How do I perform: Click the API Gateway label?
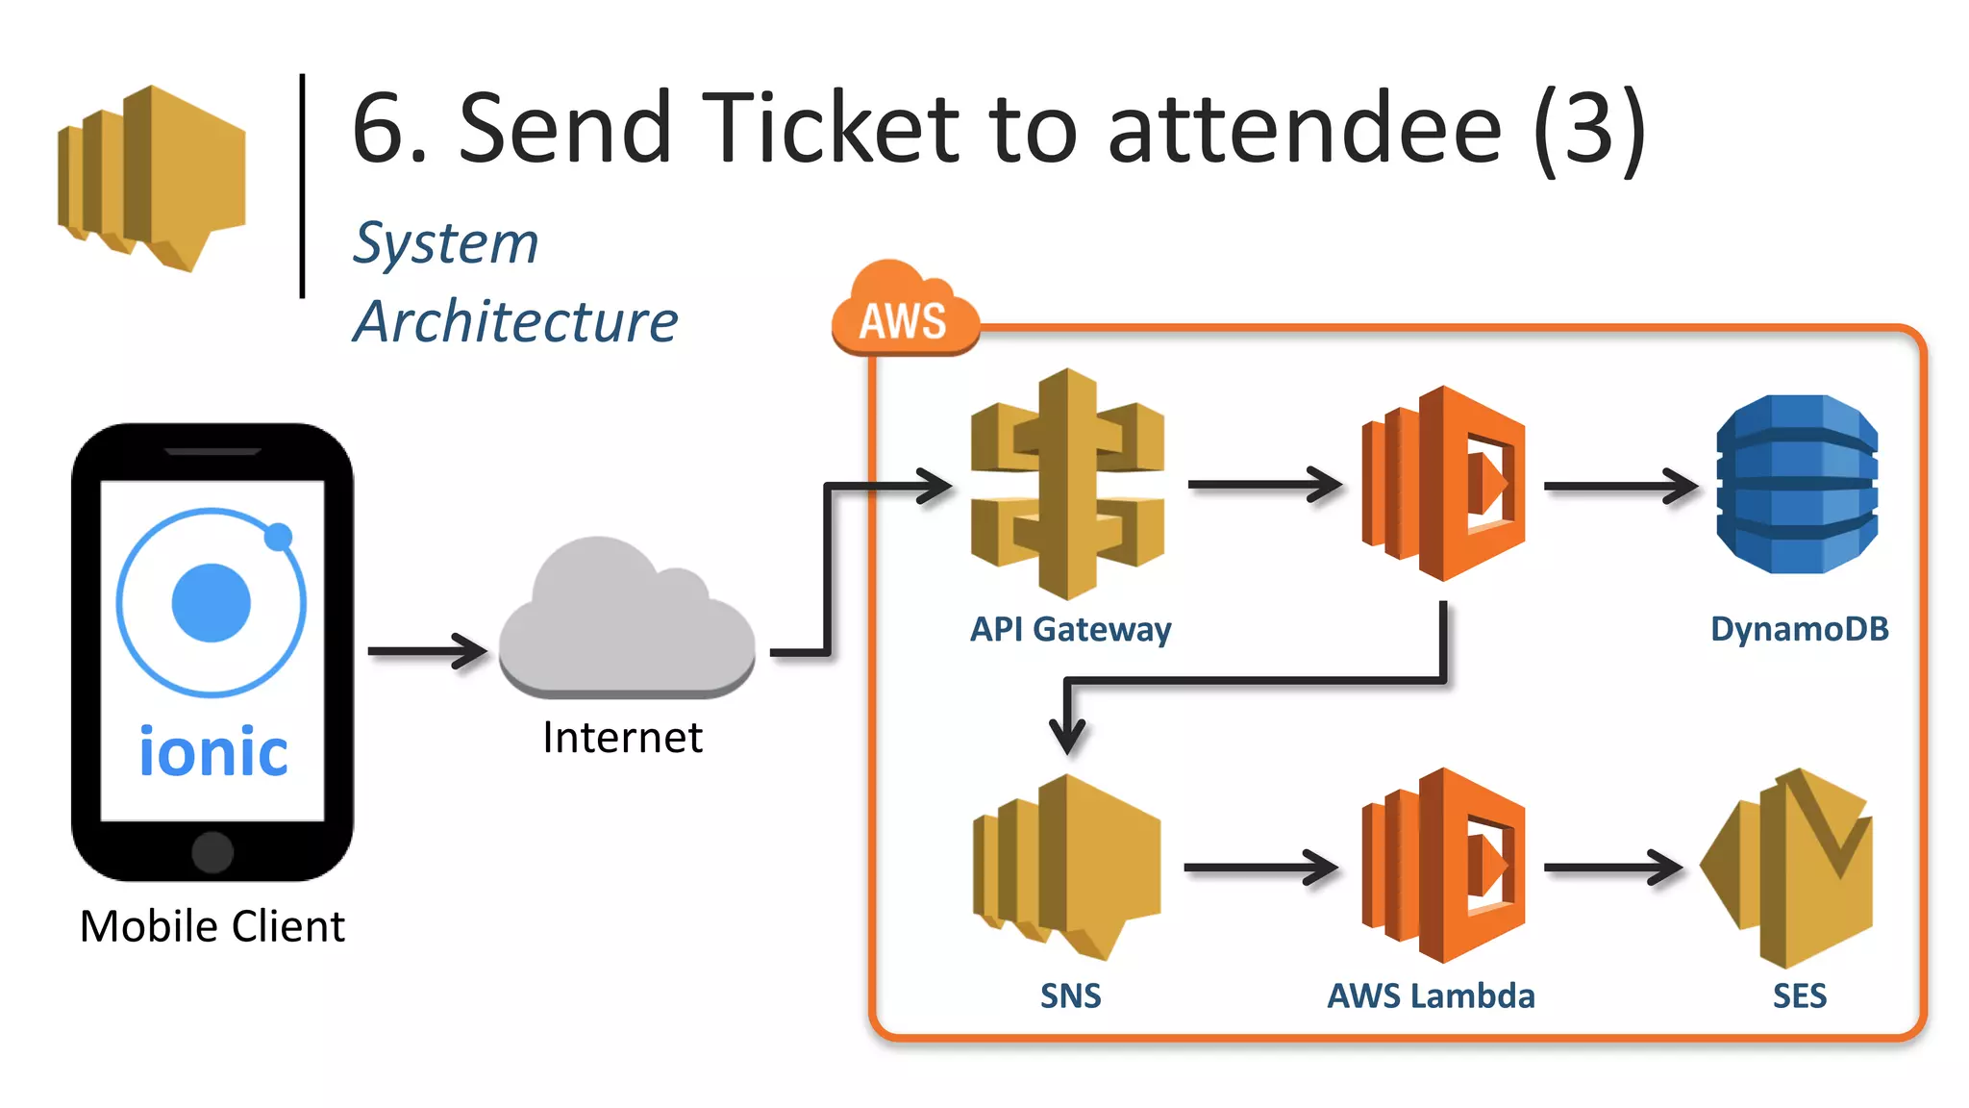tap(1070, 629)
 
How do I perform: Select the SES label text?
tap(1799, 995)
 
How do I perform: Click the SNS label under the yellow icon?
tap(1070, 995)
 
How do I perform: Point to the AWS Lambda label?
tap(1431, 995)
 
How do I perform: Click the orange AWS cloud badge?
tap(904, 313)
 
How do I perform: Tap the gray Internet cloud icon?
tap(627, 620)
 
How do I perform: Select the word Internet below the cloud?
tap(622, 738)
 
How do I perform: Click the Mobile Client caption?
tap(212, 926)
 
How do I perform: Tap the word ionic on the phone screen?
tap(212, 751)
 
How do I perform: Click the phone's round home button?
tap(212, 851)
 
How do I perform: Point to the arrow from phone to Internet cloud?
tap(428, 651)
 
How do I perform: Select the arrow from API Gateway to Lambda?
tap(1264, 484)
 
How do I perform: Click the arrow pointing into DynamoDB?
tap(1620, 486)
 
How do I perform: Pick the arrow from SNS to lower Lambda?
tap(1260, 868)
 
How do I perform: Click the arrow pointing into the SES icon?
tap(1612, 868)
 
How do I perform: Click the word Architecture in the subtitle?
tap(515, 321)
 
